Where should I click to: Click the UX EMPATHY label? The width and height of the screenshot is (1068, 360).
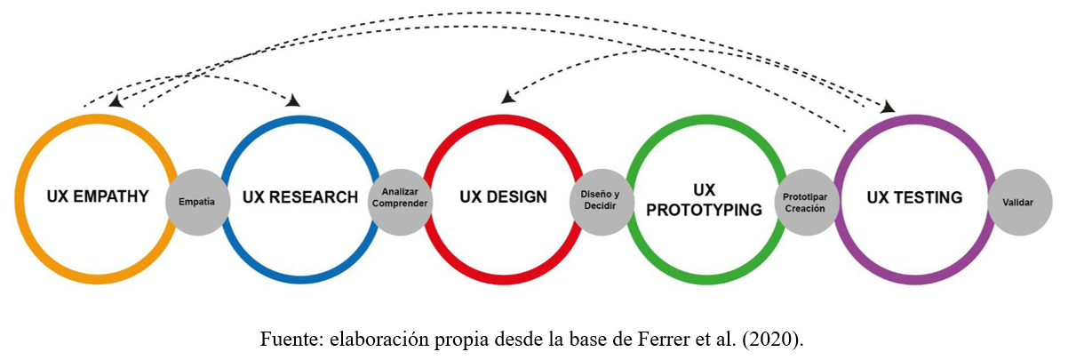tap(98, 196)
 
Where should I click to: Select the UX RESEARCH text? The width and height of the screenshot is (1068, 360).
tap(301, 197)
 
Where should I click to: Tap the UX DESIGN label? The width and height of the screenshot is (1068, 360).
tap(503, 197)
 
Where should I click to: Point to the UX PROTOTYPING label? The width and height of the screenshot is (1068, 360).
tap(705, 200)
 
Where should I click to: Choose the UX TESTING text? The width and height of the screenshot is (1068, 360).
tap(914, 197)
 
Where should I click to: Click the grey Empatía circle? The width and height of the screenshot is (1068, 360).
tap(196, 202)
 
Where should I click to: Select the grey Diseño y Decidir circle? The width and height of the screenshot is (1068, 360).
tap(600, 200)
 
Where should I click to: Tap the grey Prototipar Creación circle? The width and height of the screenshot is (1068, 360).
tap(805, 201)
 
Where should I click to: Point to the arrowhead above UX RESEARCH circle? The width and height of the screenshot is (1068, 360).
tap(292, 100)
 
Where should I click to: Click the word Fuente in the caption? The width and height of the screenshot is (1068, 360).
tap(283, 339)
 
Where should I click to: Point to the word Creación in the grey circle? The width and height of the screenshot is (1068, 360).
tap(805, 209)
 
